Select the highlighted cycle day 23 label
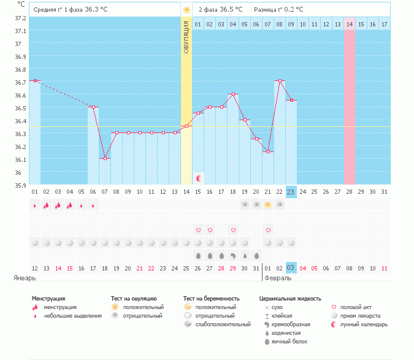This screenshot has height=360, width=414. (x=291, y=192)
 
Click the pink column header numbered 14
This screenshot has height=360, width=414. (x=350, y=24)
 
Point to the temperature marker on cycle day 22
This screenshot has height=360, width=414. (x=280, y=80)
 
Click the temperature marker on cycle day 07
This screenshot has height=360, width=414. (x=105, y=158)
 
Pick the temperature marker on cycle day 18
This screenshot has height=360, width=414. (x=233, y=94)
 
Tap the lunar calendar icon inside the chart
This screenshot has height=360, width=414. (x=199, y=178)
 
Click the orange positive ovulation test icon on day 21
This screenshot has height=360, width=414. (x=267, y=205)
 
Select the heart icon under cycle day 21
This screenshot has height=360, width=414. (x=267, y=230)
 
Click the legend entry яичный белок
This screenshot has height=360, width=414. (x=290, y=341)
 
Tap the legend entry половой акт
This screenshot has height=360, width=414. (x=356, y=307)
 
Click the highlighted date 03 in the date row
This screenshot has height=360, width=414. (x=291, y=268)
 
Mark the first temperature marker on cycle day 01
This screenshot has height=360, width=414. (x=35, y=80)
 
